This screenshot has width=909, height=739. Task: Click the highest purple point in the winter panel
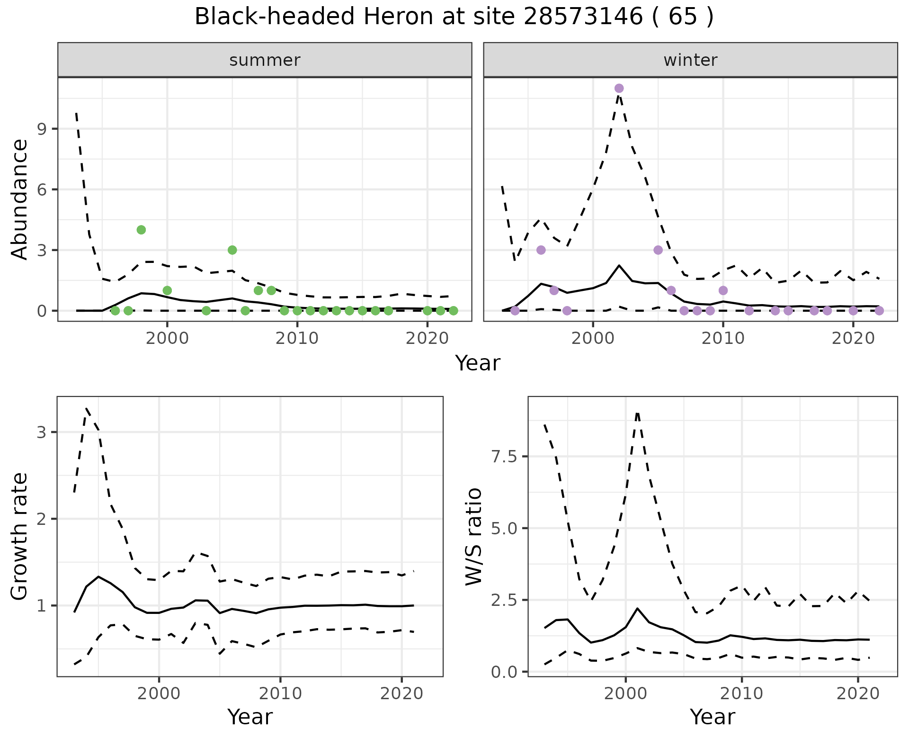point(619,88)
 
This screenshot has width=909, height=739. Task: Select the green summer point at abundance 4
point(141,230)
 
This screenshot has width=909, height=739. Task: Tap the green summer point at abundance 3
point(232,250)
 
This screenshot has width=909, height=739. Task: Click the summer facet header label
point(265,60)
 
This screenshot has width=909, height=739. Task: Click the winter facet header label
point(690,60)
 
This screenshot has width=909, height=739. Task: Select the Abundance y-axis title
point(20,199)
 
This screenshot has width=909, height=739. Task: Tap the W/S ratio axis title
point(473,537)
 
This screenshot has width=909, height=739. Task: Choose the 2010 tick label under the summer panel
point(297,339)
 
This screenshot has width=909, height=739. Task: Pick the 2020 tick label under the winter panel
point(853,339)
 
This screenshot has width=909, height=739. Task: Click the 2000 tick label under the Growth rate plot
point(159,694)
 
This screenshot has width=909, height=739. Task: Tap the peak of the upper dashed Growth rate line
point(87,408)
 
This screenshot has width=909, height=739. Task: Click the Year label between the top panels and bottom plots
point(477,363)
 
